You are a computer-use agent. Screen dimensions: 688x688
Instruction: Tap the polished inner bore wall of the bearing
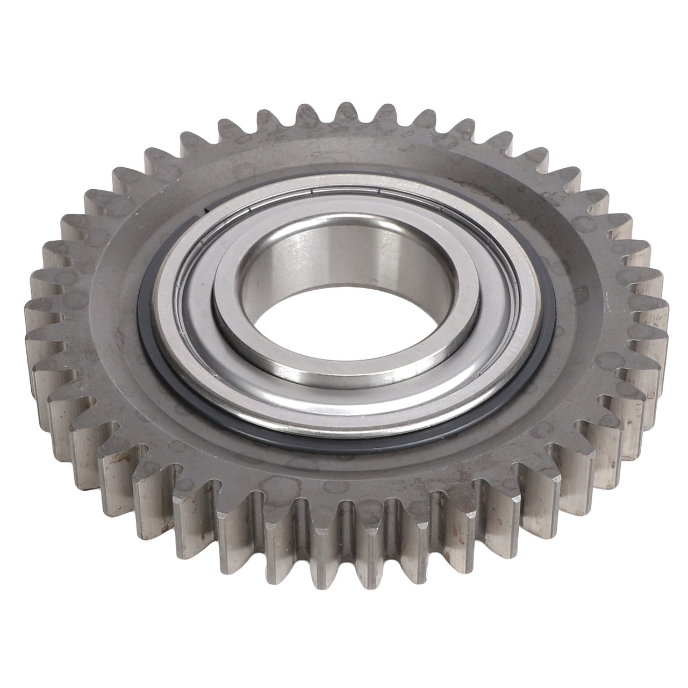[x=344, y=253]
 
